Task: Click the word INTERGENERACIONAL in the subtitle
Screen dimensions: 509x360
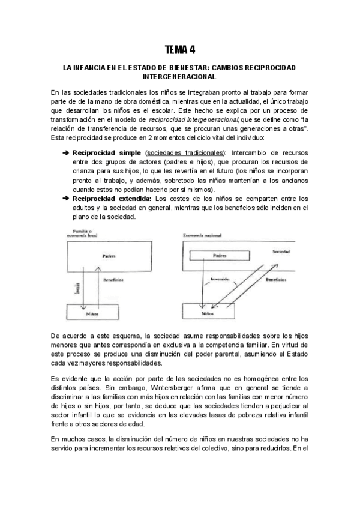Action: click(180, 77)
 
